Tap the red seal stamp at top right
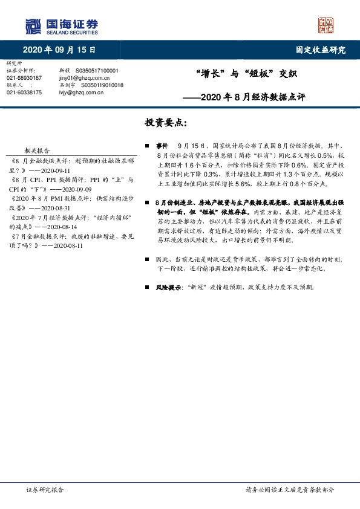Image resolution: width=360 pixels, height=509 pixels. coord(326,25)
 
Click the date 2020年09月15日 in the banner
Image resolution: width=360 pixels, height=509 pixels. coord(60,50)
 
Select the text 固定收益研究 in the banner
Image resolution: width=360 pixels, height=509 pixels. coord(321,50)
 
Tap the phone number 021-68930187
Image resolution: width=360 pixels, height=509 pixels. coord(24,78)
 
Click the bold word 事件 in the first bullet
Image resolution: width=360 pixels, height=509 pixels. coord(162,146)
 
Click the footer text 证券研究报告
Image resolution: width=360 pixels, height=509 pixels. coord(45,490)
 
